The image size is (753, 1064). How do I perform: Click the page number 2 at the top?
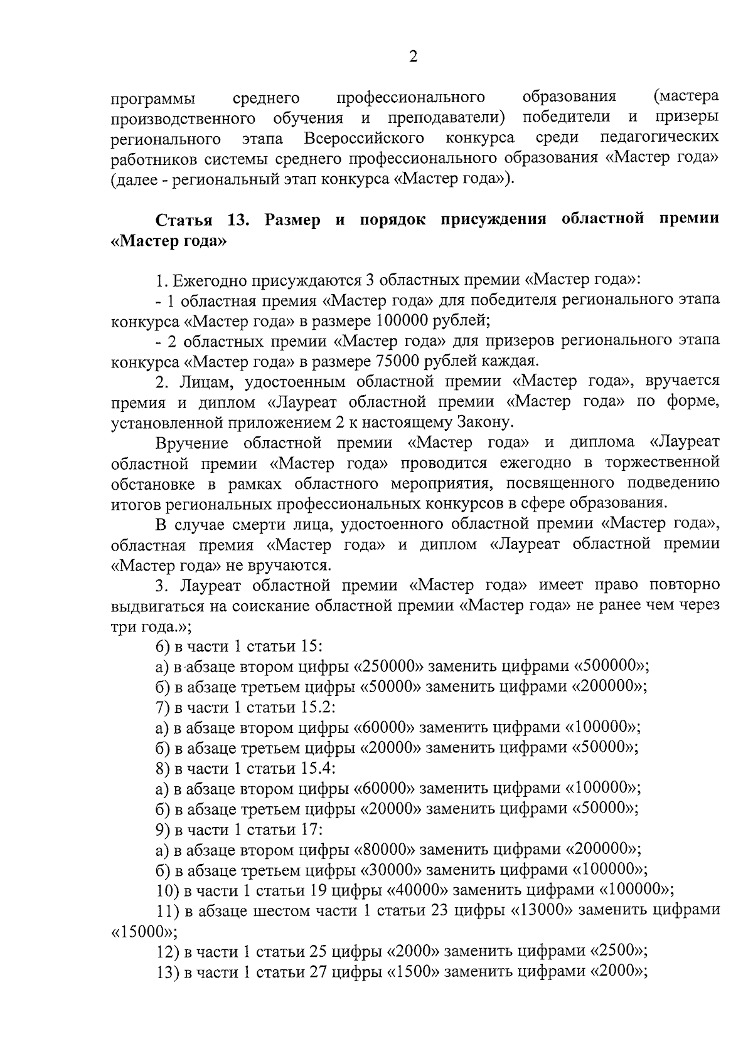413,57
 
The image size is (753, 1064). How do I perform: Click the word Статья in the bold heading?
185,220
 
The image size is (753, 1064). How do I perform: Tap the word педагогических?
660,137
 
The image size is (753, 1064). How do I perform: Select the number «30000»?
390,870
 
